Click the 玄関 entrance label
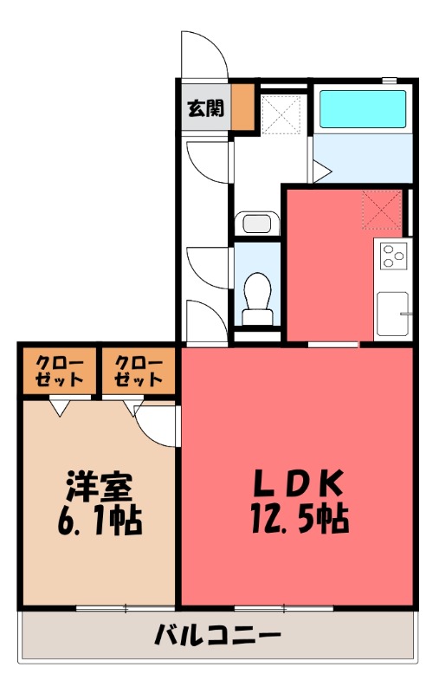tap(205, 108)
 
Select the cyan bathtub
tap(363, 109)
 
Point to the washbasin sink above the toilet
tap(257, 223)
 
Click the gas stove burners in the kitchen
tap(393, 256)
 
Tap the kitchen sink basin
tap(392, 314)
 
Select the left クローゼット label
tap(59, 372)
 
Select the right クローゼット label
tap(139, 372)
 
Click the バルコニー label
tap(218, 638)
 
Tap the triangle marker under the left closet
tap(59, 405)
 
